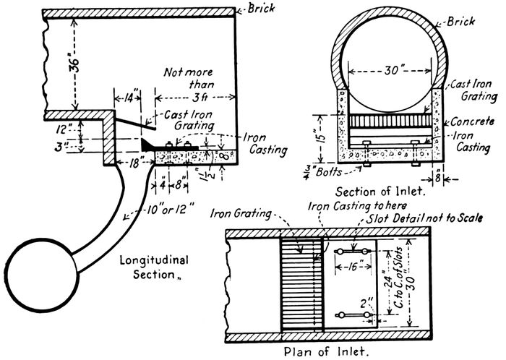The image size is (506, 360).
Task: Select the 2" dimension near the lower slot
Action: (x=358, y=302)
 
